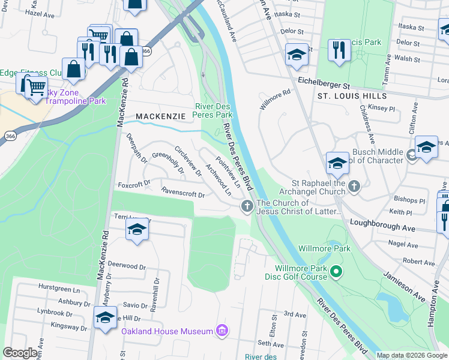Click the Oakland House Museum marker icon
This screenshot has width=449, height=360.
[223, 330]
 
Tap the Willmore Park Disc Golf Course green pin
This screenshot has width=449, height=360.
[336, 273]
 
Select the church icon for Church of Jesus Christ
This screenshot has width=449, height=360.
[246, 207]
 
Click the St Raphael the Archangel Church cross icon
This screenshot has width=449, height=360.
[354, 187]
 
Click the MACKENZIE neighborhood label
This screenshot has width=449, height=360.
[160, 116]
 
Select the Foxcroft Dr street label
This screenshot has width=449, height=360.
[133, 184]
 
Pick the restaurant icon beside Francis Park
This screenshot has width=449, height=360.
[339, 49]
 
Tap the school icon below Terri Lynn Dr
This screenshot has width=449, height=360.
[137, 230]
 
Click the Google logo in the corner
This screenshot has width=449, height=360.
[20, 353]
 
